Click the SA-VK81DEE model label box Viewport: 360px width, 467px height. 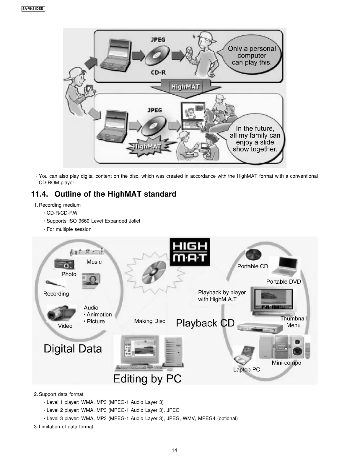[33, 9]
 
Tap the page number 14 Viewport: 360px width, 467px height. [175, 450]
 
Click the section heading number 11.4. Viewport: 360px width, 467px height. [40, 194]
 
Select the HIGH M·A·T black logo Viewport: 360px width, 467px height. [190, 252]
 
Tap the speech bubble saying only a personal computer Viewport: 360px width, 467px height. [251, 55]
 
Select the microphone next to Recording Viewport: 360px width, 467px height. [55, 284]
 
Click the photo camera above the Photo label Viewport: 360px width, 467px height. [64, 264]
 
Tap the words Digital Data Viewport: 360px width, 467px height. [73, 349]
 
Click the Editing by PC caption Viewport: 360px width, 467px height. [147, 378]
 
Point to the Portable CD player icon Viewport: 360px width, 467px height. [253, 254]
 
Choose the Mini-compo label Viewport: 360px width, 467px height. [286, 363]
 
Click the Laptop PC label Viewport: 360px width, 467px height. [247, 370]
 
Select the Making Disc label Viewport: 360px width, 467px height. [150, 321]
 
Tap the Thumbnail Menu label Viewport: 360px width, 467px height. [293, 322]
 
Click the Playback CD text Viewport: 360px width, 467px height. [205, 323]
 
